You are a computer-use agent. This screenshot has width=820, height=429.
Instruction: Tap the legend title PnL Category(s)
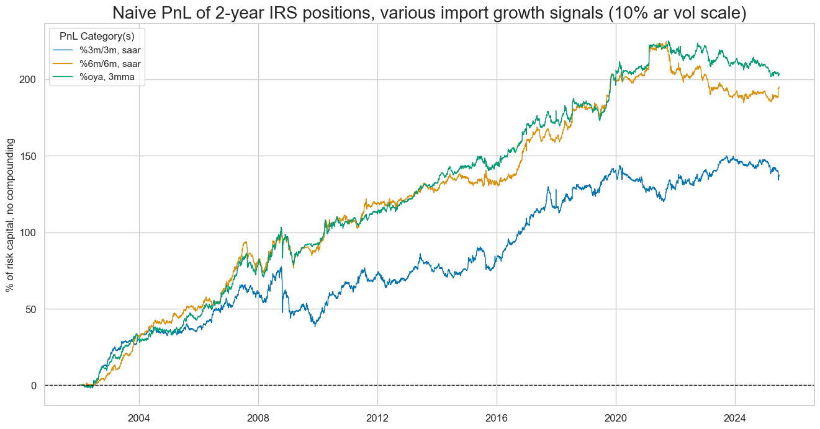click(97, 37)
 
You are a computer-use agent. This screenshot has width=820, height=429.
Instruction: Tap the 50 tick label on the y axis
click(31, 309)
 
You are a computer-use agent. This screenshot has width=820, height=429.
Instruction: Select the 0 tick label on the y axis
click(34, 386)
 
